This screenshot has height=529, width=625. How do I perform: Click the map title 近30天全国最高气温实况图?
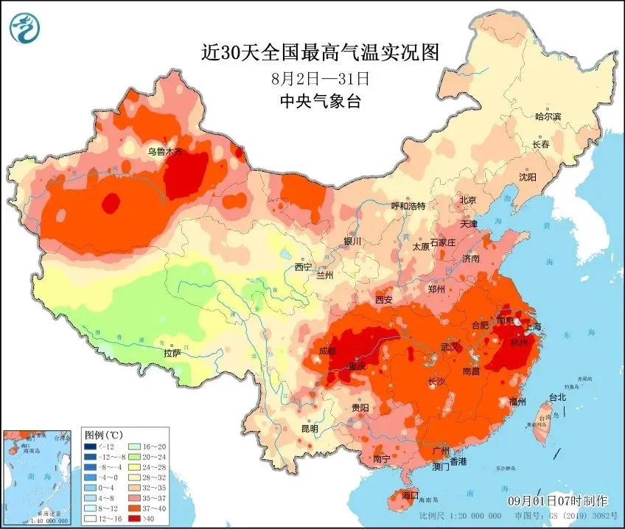point(320,52)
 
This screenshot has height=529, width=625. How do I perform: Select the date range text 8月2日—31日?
point(319,77)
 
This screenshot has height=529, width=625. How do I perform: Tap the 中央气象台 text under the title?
point(320,102)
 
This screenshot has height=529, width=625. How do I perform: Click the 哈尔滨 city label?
point(548,116)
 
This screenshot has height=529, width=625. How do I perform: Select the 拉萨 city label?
point(172,354)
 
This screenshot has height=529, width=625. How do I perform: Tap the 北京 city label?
point(468,200)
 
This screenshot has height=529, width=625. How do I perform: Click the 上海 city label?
point(533,326)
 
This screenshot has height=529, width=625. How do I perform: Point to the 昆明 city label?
point(309,428)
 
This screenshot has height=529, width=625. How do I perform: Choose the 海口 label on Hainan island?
point(409,494)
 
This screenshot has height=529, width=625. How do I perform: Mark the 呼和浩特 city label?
point(408,206)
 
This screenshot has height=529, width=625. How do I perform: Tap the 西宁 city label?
point(303,267)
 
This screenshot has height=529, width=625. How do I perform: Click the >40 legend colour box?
point(134,518)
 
